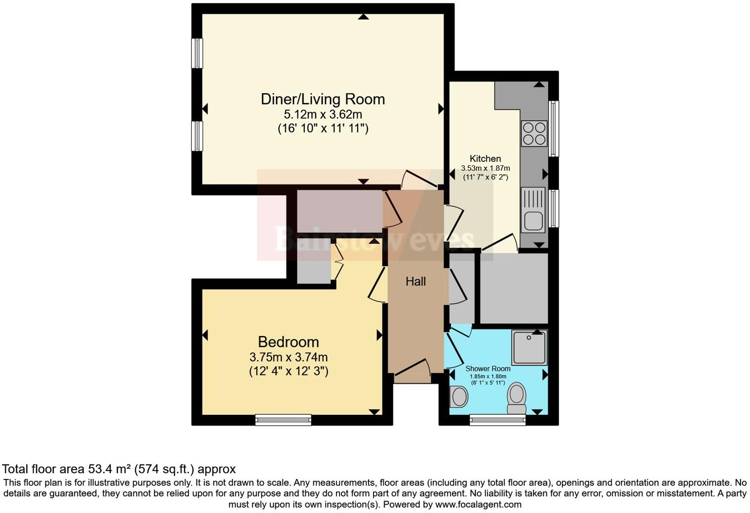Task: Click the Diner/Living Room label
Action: pos(323,99)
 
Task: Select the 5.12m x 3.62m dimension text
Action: pos(323,114)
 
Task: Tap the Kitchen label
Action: pos(485,158)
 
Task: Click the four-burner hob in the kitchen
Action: pos(534,133)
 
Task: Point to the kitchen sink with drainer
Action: pos(533,210)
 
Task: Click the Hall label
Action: pos(415,282)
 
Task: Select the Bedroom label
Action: pos(288,341)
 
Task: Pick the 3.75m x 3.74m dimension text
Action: pos(288,357)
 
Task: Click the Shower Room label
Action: pos(487,368)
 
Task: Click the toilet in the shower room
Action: pos(517,398)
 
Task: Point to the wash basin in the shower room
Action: pos(459,397)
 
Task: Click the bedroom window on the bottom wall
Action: pos(283,420)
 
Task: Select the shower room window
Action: pos(497,420)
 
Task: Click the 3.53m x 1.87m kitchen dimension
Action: pos(485,168)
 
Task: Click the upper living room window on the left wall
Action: pos(197,53)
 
